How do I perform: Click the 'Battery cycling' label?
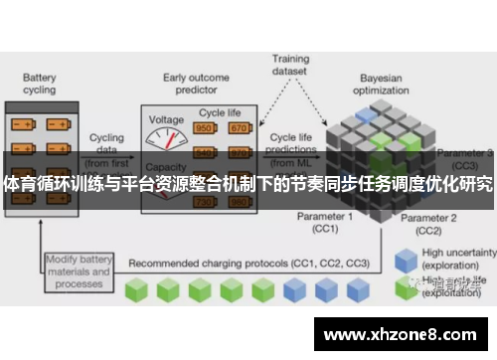coord(39,85)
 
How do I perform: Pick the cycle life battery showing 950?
coord(206,127)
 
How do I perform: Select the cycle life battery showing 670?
coord(239,127)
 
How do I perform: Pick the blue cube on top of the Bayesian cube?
coord(369,115)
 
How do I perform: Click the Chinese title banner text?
coord(248,185)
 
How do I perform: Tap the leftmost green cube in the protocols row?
coord(139,263)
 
